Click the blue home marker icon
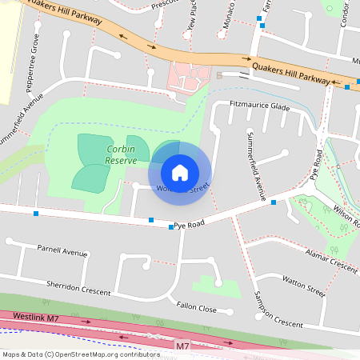(x=180, y=172)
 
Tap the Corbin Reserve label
(x=120, y=154)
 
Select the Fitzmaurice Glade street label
(x=259, y=106)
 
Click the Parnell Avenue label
(x=62, y=250)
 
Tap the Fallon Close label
(x=197, y=308)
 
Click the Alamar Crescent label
(x=331, y=261)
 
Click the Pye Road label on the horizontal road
(x=190, y=225)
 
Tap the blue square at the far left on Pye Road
(x=36, y=213)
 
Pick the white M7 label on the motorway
(x=182, y=346)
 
